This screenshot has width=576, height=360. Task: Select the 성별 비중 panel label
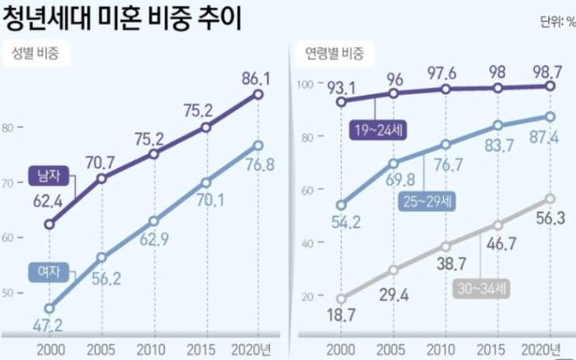click(x=36, y=54)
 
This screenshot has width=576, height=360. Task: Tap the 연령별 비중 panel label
click(x=333, y=54)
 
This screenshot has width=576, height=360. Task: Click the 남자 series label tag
click(x=45, y=175)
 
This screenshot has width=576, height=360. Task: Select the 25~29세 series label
click(x=428, y=200)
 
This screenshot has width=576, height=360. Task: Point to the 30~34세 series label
click(x=481, y=289)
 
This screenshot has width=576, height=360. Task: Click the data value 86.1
click(x=255, y=78)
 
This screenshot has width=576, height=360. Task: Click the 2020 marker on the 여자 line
click(x=257, y=145)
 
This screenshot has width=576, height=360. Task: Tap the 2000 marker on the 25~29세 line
click(x=341, y=206)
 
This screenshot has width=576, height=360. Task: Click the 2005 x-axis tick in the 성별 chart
click(x=101, y=348)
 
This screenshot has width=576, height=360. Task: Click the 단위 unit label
click(x=557, y=22)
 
